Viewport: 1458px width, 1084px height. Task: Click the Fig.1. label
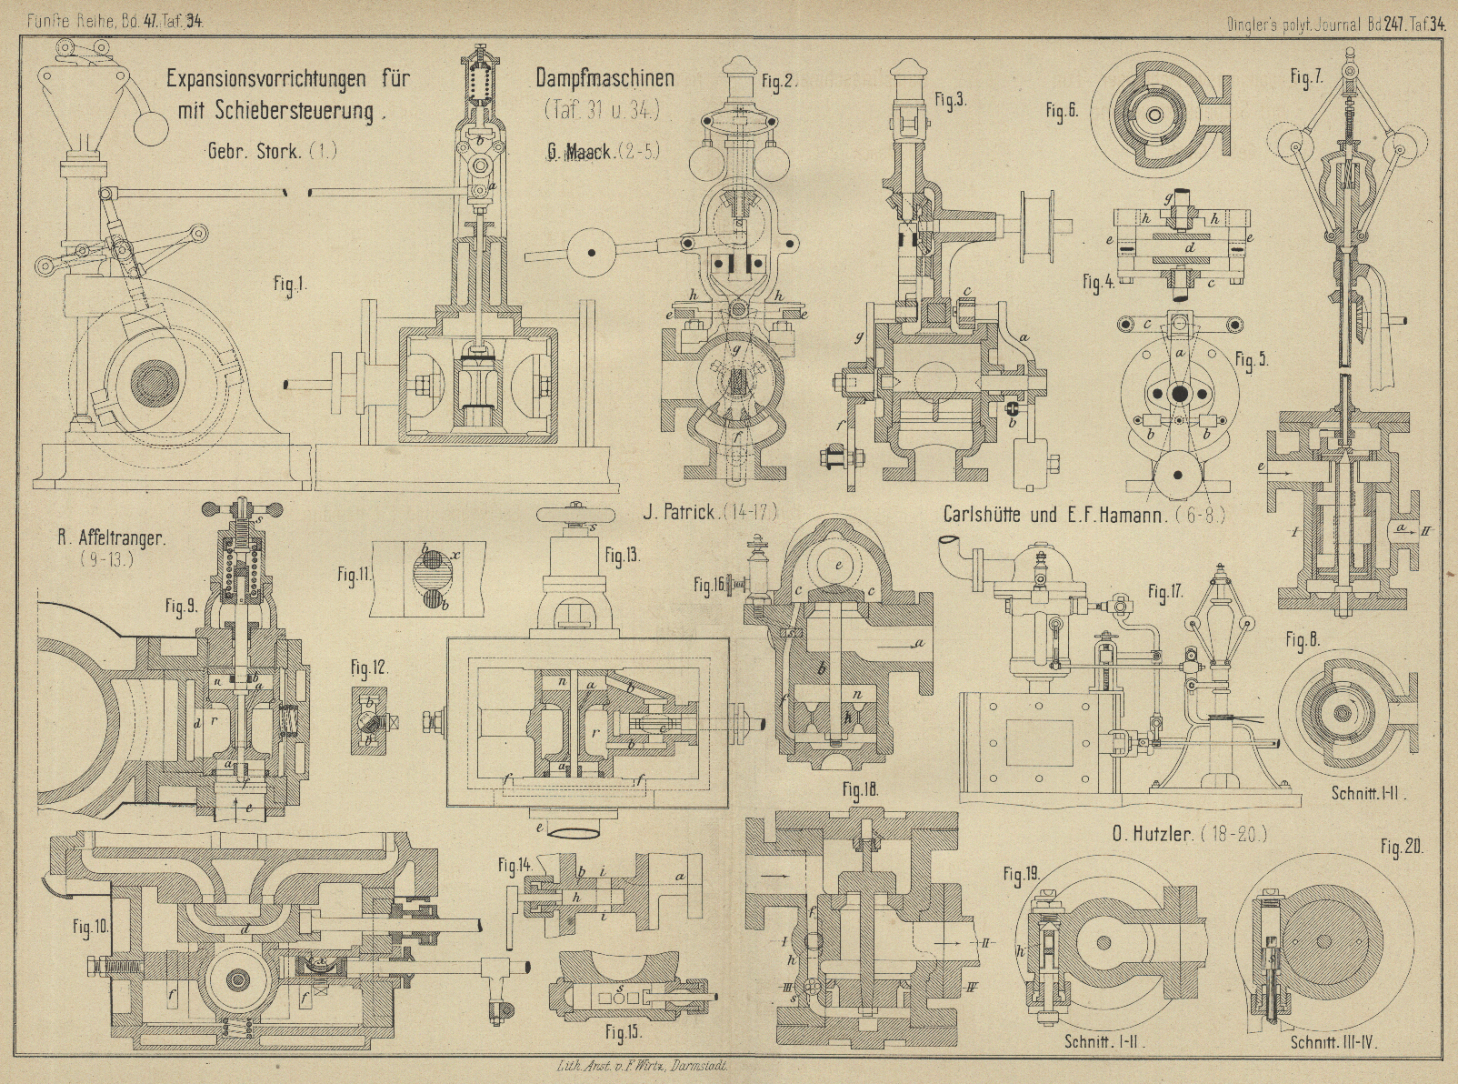(289, 286)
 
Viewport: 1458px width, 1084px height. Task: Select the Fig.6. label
(1062, 112)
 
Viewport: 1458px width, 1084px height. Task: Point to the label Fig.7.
(1305, 79)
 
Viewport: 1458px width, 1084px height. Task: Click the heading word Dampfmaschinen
(604, 78)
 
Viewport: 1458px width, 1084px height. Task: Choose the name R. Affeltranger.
(111, 537)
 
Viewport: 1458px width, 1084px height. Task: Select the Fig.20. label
(1401, 848)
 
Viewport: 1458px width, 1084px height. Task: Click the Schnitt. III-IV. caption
(1333, 1043)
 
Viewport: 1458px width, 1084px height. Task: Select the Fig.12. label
(370, 668)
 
